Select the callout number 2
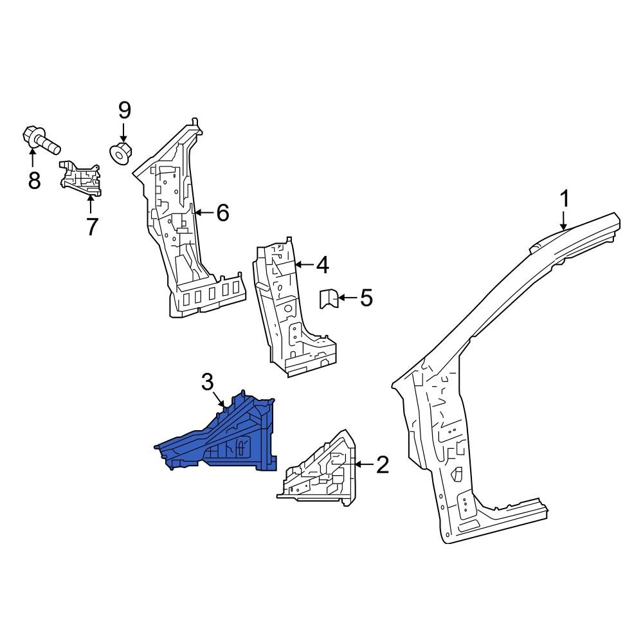pos(383,464)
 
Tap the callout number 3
pos(207,383)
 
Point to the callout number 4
pos(322,264)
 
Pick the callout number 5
pos(366,298)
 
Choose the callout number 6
pos(222,212)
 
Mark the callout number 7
pos(91,226)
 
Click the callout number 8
pos(34,181)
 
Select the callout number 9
pos(124,111)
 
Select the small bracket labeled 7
pos(82,177)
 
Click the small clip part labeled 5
pos(329,299)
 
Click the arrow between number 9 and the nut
pos(124,133)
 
